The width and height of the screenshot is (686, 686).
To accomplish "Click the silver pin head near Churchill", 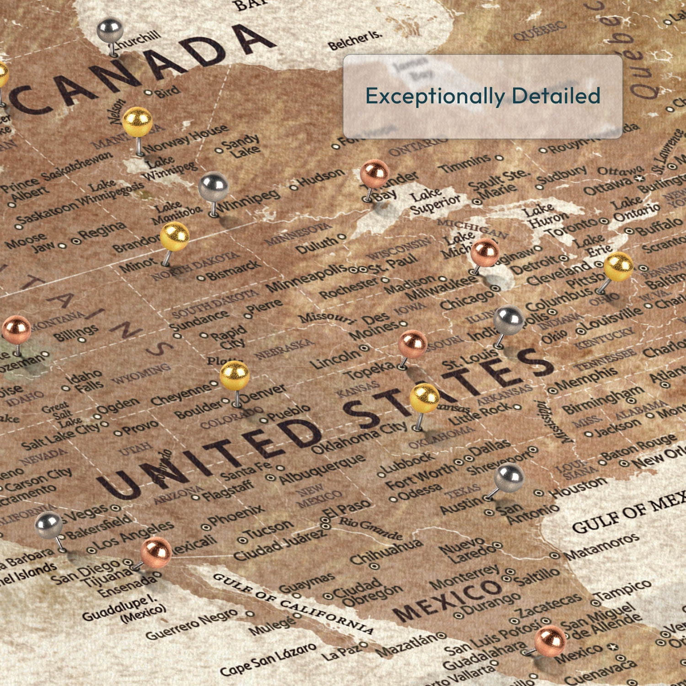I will coord(110,31).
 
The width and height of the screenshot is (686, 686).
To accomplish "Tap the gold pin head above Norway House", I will coord(137,121).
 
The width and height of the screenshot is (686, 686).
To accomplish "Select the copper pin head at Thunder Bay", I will coord(374,174).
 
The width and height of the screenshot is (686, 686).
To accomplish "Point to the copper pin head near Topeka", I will coord(413,344).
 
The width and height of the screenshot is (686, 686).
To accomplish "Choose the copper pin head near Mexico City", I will coord(550,641).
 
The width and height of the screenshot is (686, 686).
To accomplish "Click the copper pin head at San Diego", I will coord(156,552).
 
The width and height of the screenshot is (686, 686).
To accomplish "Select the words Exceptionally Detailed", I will coord(482,96).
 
